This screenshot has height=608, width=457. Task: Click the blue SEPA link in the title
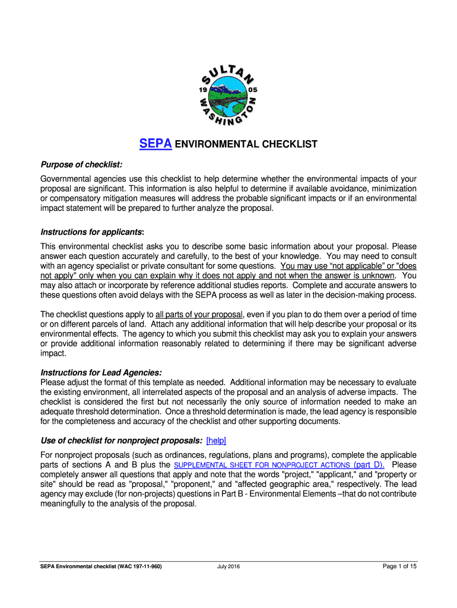coord(155,144)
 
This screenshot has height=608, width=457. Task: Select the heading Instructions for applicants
coord(92,231)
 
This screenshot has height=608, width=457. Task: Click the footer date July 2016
coord(228,566)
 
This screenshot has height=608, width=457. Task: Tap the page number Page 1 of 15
coord(399,566)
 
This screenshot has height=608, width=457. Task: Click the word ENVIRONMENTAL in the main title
coord(215,144)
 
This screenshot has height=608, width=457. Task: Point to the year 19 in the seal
coord(202,90)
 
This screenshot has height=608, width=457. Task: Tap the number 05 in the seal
coord(253,90)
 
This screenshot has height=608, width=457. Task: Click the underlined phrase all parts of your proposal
coord(199,314)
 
